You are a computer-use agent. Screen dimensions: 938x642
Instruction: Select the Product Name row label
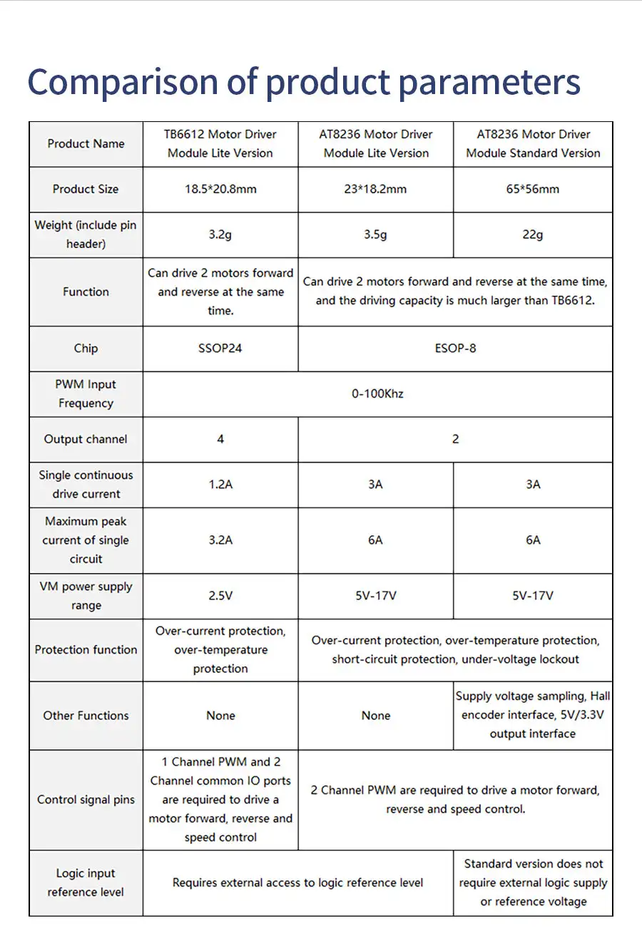point(86,144)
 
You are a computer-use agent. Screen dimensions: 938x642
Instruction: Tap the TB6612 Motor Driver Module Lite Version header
point(220,144)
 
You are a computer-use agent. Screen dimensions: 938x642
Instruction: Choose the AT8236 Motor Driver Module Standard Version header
point(533,144)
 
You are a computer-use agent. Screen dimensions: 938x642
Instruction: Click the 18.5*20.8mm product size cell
point(220,189)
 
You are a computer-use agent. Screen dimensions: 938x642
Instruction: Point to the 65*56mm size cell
point(533,189)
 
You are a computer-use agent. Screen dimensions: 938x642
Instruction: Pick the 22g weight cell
point(533,234)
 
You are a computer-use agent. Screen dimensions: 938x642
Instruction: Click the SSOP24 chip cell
point(220,349)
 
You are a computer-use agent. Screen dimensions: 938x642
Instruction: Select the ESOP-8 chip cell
point(455,349)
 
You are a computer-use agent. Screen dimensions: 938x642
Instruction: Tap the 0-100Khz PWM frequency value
point(377,393)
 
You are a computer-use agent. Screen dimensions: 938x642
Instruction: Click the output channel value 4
point(220,439)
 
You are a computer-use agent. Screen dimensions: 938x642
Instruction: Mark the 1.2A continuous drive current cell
point(220,485)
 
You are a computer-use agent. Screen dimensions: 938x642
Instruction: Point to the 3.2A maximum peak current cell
point(220,540)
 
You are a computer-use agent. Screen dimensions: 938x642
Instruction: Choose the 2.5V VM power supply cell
point(220,596)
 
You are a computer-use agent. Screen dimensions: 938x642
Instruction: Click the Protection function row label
point(86,650)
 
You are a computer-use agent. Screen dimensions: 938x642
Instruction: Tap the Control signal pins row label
point(86,800)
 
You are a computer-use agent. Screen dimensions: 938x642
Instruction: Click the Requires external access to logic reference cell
point(297,883)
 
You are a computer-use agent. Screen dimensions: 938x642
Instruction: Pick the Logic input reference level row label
point(86,883)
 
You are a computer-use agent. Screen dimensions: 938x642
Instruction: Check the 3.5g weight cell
point(376,234)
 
